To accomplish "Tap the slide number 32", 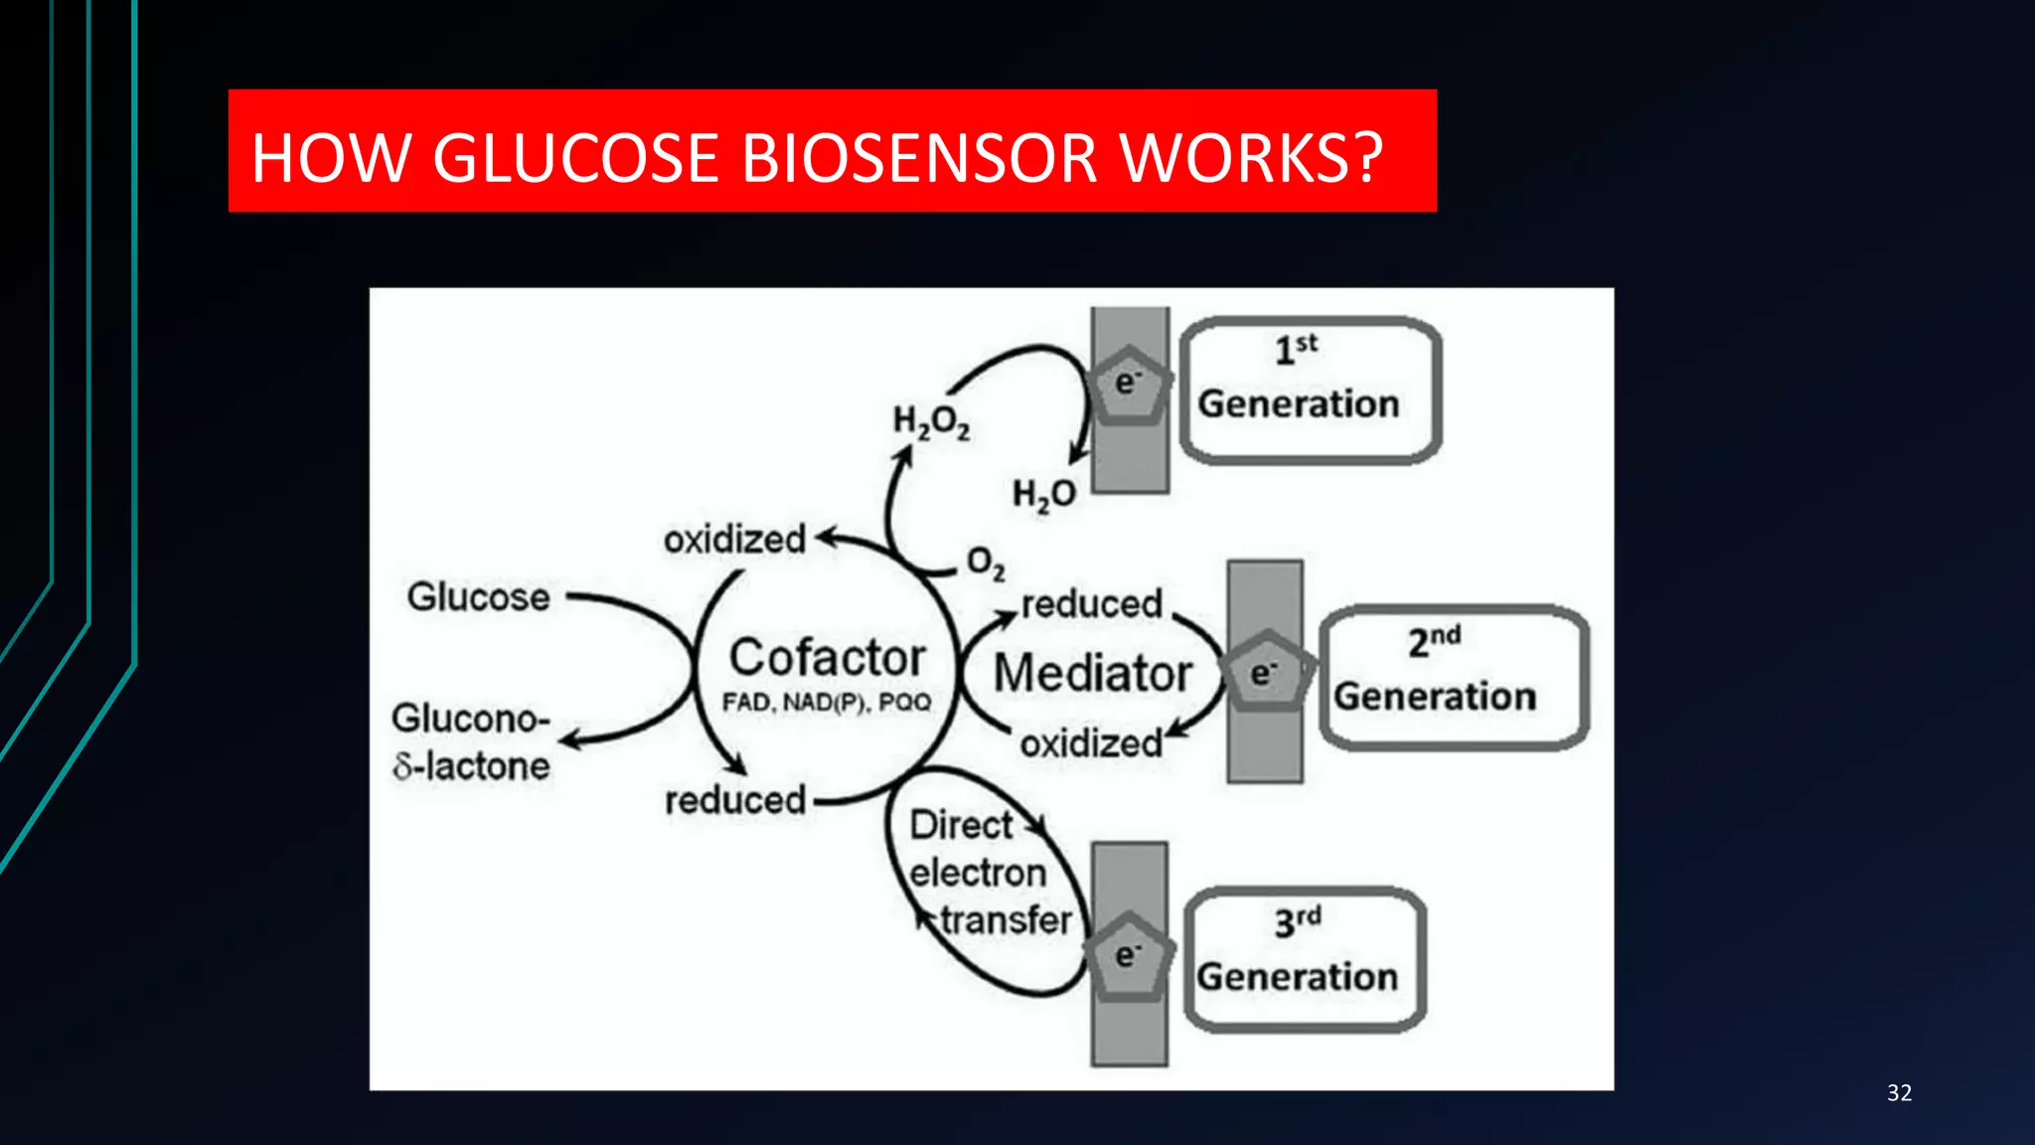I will (1899, 1093).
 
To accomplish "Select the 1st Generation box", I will (1310, 390).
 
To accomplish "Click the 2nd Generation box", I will (1453, 678).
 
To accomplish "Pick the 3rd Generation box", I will (1305, 959).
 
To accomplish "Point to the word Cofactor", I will (827, 658).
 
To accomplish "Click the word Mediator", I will (1092, 673).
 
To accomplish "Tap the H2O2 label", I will (931, 421).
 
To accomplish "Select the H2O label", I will (1043, 494).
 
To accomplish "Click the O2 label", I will (986, 564).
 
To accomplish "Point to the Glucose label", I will (478, 597).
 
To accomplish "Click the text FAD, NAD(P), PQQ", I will (826, 703).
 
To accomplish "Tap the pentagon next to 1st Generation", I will (1128, 386).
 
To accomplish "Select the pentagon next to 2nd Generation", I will (1265, 672).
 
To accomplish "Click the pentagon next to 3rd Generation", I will (1128, 955).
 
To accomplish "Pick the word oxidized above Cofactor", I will (734, 540).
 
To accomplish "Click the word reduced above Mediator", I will (1091, 603).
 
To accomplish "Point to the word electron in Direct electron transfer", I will (978, 873).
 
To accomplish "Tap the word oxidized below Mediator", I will (1090, 743).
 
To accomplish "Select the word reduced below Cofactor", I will (734, 800).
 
